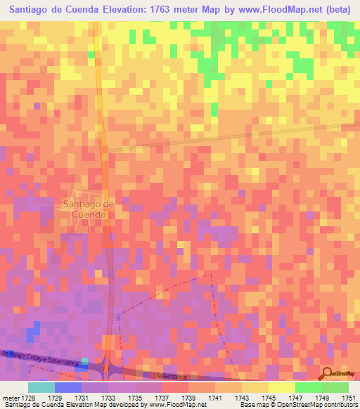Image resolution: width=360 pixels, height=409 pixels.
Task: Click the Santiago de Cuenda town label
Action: [x=88, y=209]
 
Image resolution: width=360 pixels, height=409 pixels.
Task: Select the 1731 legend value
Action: [x=80, y=398]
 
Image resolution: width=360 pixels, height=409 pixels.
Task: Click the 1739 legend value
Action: [x=188, y=398]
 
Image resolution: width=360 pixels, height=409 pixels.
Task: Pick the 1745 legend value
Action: [x=268, y=398]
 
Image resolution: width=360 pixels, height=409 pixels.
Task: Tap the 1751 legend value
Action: [x=349, y=398]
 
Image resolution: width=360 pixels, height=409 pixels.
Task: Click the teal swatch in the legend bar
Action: [x=41, y=387]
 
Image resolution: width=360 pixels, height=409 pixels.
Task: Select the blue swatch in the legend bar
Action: [x=67, y=387]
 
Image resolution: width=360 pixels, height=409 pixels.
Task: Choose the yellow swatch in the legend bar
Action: [x=281, y=387]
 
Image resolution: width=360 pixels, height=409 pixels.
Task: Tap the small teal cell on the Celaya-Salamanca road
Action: [x=85, y=361]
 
